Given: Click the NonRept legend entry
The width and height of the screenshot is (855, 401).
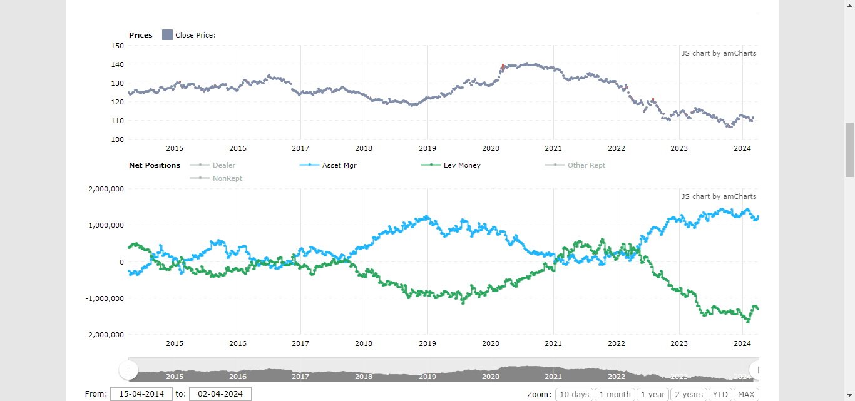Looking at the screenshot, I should pyautogui.click(x=227, y=178).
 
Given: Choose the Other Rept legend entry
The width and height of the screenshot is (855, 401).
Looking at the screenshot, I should pyautogui.click(x=586, y=165).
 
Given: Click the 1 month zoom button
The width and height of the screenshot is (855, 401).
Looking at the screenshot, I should pyautogui.click(x=614, y=394).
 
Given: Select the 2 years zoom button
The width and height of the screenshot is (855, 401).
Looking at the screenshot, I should pyautogui.click(x=689, y=394).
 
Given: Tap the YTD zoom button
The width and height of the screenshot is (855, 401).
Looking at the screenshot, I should pyautogui.click(x=720, y=394).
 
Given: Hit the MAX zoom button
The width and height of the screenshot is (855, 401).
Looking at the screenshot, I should pyautogui.click(x=746, y=394).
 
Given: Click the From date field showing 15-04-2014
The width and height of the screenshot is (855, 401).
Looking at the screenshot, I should pyautogui.click(x=141, y=394).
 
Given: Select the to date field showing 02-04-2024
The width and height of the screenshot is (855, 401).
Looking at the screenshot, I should pyautogui.click(x=220, y=394).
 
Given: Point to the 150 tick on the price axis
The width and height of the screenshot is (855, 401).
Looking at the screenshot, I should pyautogui.click(x=117, y=46).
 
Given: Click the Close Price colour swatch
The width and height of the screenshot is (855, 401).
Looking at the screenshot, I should pyautogui.click(x=167, y=35).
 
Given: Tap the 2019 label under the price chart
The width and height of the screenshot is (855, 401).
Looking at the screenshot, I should pyautogui.click(x=427, y=148).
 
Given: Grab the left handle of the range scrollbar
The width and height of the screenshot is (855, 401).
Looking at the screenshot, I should pyautogui.click(x=129, y=370).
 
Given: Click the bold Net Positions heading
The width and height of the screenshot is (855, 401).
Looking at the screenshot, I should pyautogui.click(x=155, y=165).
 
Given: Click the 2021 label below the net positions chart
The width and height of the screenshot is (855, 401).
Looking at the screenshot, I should pyautogui.click(x=553, y=343).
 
